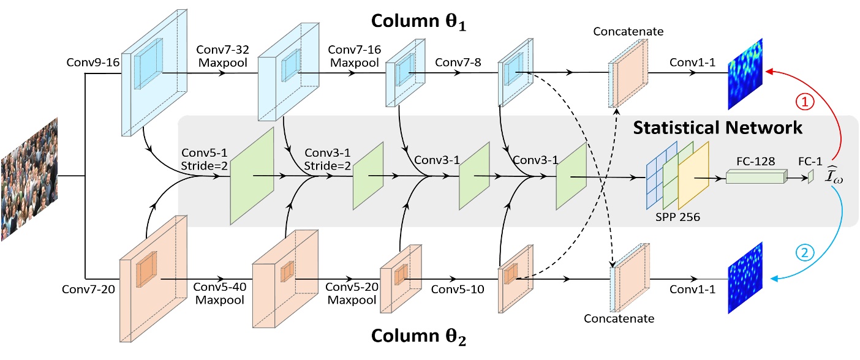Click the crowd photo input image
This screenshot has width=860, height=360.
(x=30, y=179)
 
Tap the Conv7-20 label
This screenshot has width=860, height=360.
(x=83, y=288)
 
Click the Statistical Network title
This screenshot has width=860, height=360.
(x=717, y=128)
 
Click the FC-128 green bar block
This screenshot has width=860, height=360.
(x=755, y=177)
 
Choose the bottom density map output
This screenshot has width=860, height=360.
(x=747, y=279)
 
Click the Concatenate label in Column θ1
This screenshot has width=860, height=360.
(x=624, y=31)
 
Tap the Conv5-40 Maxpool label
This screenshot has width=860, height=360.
(x=219, y=294)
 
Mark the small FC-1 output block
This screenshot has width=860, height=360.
(x=810, y=177)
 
